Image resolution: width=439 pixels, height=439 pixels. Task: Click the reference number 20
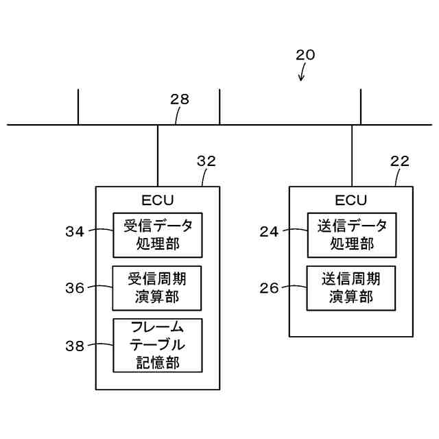coord(305,55)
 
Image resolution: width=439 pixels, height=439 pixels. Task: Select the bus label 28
coord(180,99)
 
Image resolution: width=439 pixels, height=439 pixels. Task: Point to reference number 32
coord(206,161)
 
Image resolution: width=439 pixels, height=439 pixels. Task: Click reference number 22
coord(399,161)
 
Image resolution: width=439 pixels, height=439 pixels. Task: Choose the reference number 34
coord(75,232)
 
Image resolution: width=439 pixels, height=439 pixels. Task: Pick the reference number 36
coord(75,288)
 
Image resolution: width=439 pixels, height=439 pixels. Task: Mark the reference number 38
coord(75,346)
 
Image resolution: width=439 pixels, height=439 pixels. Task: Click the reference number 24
coord(269,232)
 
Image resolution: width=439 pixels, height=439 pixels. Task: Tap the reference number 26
coord(269,288)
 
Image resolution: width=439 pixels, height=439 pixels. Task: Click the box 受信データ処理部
coord(157,235)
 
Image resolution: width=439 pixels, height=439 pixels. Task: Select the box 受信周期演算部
coord(157,288)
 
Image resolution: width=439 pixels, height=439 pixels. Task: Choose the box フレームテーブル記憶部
coord(157,345)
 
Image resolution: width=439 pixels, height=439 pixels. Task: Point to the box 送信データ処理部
coord(351,235)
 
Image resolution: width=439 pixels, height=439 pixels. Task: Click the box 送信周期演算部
coord(351,288)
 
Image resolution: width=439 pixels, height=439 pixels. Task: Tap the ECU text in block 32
coord(158,200)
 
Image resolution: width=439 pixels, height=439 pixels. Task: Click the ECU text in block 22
coord(351,200)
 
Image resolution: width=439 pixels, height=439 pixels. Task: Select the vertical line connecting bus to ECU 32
coord(158,156)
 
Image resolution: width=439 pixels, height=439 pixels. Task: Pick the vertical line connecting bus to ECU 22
coord(352,156)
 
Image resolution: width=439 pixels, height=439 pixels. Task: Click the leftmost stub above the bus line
coord(78,107)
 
